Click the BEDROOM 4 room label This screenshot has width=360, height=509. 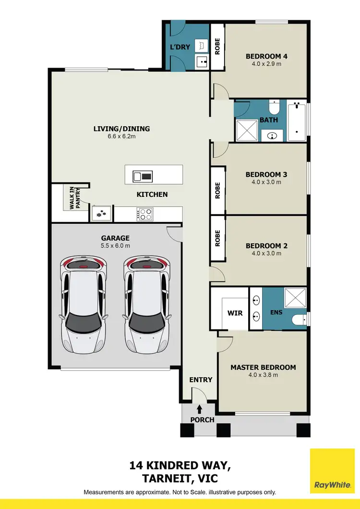(266, 57)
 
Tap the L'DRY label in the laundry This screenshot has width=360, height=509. (180, 47)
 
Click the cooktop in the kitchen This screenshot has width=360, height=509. (144, 214)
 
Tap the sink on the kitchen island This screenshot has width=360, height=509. (143, 176)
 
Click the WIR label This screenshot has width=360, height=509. (235, 313)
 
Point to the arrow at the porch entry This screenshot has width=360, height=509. (199, 409)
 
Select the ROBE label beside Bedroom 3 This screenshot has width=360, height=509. (217, 190)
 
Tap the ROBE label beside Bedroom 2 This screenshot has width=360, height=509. (217, 238)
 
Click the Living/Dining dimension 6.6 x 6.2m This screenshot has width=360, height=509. (121, 136)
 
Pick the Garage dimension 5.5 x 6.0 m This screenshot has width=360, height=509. (115, 245)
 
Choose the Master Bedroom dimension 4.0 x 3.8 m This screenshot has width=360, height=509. (263, 375)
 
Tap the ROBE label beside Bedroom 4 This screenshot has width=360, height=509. (217, 46)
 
